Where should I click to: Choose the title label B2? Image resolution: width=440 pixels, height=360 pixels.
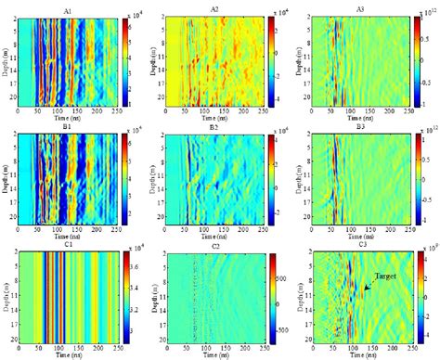click(x=214, y=126)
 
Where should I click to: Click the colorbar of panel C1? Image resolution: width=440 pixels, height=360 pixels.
click(x=124, y=297)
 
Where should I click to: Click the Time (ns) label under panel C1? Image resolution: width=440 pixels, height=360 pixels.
click(x=70, y=355)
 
